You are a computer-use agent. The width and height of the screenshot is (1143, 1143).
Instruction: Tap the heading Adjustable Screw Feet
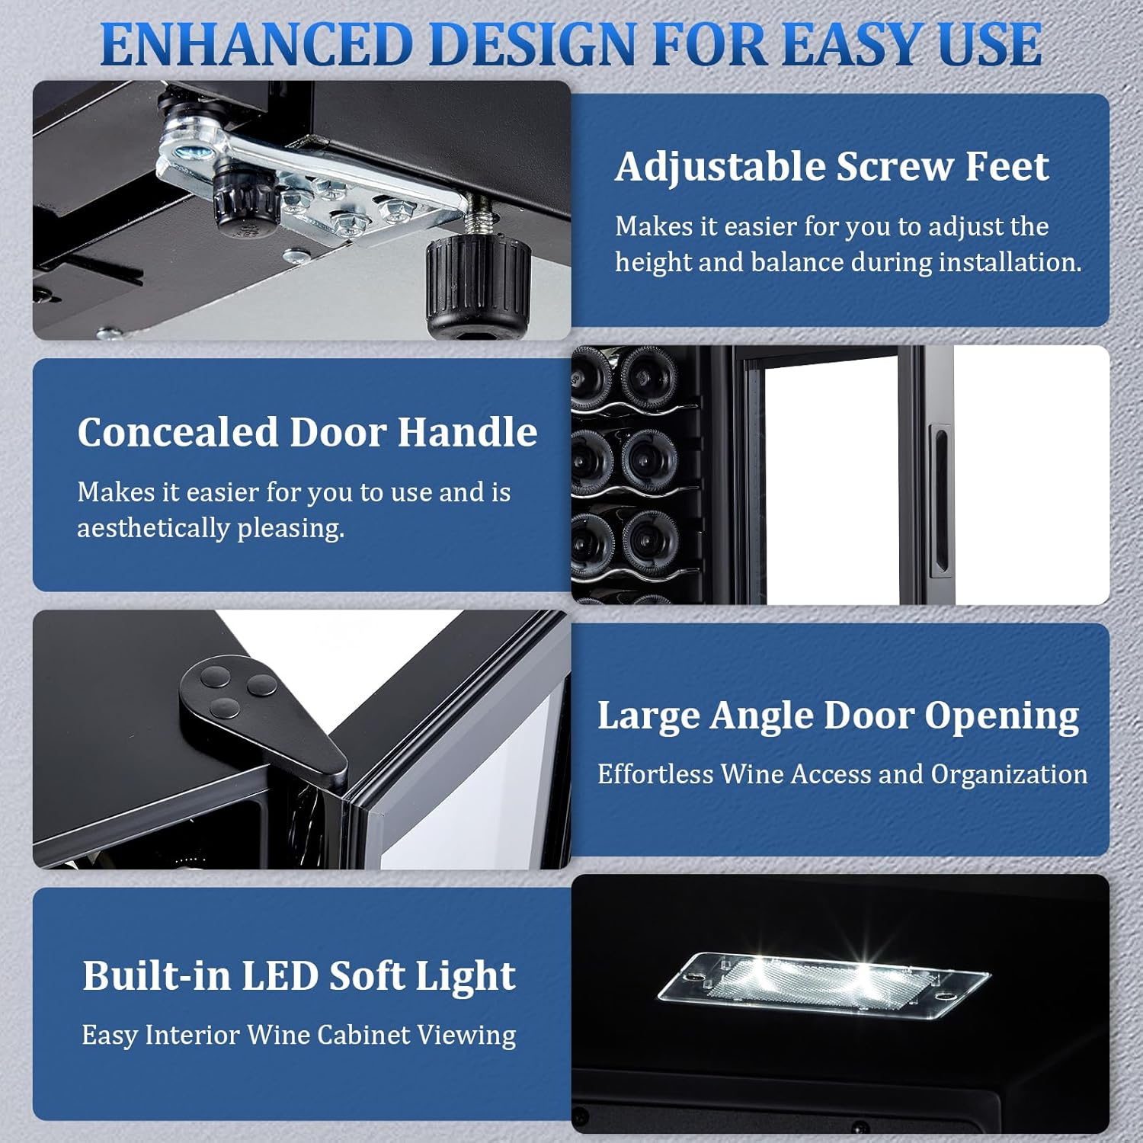832,166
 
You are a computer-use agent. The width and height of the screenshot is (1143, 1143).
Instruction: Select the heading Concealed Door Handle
307,432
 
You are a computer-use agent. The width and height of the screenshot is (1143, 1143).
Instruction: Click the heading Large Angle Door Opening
838,717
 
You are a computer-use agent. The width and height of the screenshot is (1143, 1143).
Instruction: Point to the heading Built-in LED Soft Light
299,976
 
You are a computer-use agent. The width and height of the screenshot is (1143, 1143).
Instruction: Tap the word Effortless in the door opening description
655,774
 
